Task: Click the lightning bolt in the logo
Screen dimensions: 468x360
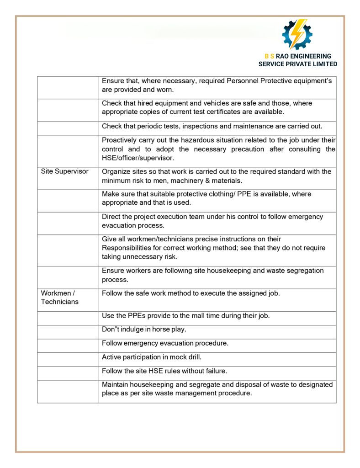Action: point(298,34)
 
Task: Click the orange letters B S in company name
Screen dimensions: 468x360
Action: point(269,56)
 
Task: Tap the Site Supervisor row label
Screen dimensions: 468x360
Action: point(64,171)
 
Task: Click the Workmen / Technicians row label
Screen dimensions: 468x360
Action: point(59,298)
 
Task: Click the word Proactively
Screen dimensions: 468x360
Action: point(120,140)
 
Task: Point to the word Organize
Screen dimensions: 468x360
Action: point(116,171)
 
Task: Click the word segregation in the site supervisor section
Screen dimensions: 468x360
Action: point(306,271)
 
